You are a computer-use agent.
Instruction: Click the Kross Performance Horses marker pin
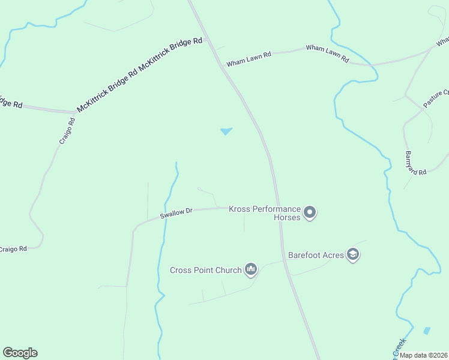coord(310,212)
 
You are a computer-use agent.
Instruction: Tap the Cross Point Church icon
coord(251,270)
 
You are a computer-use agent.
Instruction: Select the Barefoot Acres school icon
coord(354,255)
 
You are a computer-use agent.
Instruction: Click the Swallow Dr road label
coord(176,214)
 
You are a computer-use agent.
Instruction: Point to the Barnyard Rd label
coord(415,162)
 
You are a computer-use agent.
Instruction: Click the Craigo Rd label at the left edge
coord(13,248)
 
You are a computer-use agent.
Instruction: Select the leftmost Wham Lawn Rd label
coord(249,58)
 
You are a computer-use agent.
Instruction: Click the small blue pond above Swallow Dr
coord(226,131)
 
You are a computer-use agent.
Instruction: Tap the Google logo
coord(20,353)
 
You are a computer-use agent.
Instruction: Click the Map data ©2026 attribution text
coord(423,355)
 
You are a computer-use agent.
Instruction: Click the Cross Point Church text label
coord(205,270)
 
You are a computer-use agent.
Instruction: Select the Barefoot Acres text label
coord(316,255)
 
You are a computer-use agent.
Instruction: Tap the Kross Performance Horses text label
coord(265,213)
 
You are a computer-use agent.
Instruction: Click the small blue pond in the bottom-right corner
coord(427,330)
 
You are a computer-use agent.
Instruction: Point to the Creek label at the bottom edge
coord(400,347)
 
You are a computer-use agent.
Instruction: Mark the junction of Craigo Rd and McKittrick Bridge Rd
coord(74,112)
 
